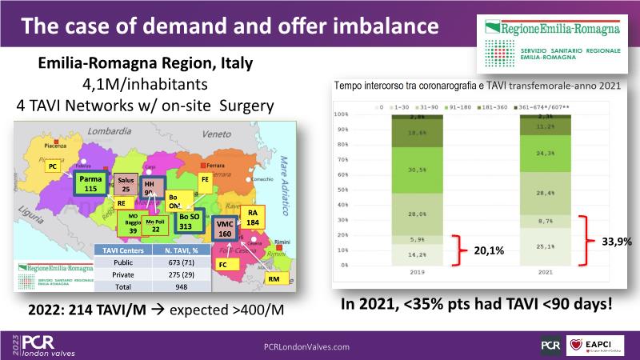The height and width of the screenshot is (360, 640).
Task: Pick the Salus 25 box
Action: click(126, 186)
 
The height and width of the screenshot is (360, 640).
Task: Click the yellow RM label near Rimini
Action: click(273, 278)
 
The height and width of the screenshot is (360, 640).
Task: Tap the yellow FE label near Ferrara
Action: click(205, 179)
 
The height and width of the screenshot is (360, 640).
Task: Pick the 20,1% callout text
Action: click(490, 250)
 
